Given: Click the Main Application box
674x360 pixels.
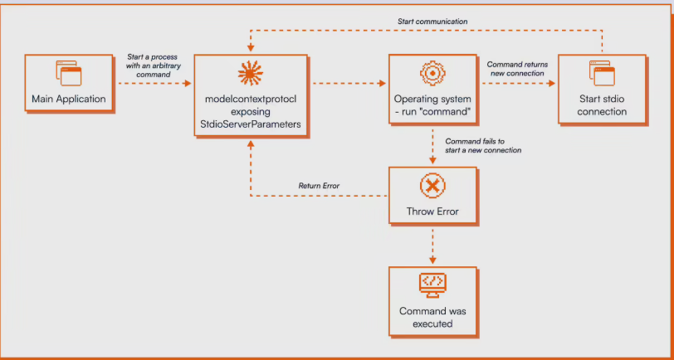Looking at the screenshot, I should [x=69, y=85].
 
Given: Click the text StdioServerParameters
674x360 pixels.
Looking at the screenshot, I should [x=250, y=124].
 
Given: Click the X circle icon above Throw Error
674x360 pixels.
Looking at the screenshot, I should [x=432, y=186].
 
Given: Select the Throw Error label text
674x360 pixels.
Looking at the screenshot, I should [x=432, y=212].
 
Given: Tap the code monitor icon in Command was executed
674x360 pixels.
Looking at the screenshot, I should [x=432, y=284].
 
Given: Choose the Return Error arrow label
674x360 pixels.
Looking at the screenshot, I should [x=319, y=185].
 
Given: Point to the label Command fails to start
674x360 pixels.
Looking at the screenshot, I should [x=483, y=145].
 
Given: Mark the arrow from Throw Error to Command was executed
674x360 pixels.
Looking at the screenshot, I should [x=432, y=246].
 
